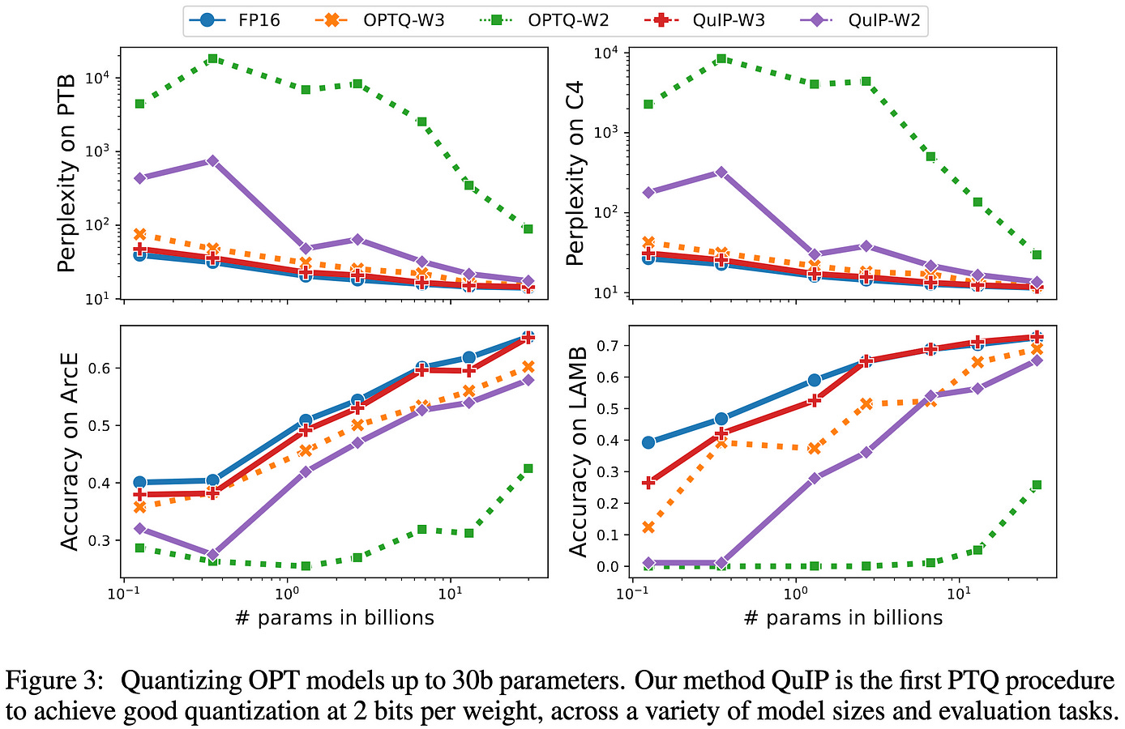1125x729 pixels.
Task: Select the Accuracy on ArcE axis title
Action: click(x=71, y=451)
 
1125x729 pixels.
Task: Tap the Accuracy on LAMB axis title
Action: click(x=578, y=451)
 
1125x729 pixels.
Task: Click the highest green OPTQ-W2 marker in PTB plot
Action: click(x=212, y=59)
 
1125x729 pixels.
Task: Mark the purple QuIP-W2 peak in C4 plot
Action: click(x=721, y=173)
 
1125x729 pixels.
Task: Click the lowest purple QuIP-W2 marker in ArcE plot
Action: click(x=212, y=555)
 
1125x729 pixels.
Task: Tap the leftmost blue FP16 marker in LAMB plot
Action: click(x=648, y=442)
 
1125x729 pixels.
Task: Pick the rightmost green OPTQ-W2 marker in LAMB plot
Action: click(x=1036, y=485)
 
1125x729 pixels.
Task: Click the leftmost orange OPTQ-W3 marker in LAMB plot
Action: click(x=648, y=527)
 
